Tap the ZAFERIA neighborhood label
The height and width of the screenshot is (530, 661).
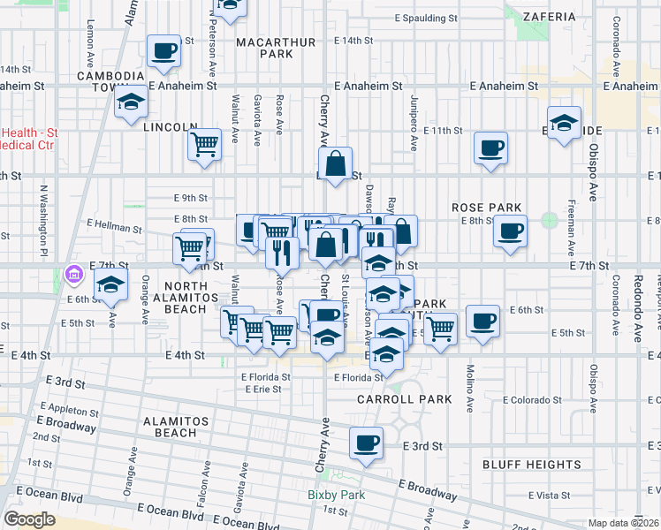click(x=549, y=16)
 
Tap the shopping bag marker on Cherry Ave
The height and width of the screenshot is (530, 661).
click(x=336, y=163)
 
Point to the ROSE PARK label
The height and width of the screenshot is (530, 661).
click(x=485, y=208)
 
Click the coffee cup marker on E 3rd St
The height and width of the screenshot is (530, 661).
click(x=366, y=443)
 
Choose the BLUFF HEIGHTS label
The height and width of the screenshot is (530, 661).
click(x=523, y=464)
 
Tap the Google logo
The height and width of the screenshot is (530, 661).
click(x=30, y=519)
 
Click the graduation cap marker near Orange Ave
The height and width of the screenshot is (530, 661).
click(x=110, y=286)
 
